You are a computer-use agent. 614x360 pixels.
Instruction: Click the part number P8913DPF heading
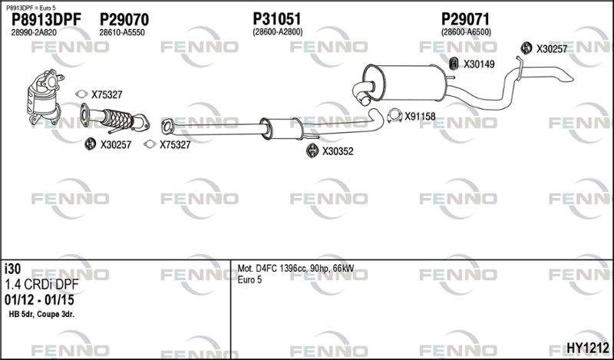(x=46, y=19)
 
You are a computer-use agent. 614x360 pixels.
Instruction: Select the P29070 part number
(x=124, y=19)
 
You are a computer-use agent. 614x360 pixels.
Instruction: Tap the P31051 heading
(x=277, y=18)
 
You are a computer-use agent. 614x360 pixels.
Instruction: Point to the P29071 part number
(x=466, y=18)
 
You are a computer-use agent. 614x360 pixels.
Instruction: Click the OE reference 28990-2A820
(x=34, y=32)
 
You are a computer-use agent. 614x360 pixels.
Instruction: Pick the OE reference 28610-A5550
(x=122, y=32)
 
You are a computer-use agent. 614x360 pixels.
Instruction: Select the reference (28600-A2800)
(x=277, y=32)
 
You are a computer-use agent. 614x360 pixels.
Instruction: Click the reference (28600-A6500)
(x=466, y=32)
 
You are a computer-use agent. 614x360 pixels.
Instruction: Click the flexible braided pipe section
(x=117, y=118)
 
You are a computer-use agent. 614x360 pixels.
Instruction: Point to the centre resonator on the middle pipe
(x=282, y=128)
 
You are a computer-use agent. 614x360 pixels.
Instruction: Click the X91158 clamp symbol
(x=394, y=116)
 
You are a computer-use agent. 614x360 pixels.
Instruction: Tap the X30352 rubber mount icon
(x=312, y=150)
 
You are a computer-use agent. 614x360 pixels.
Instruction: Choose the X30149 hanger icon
(x=454, y=64)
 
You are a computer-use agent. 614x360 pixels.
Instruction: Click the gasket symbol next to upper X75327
(x=81, y=94)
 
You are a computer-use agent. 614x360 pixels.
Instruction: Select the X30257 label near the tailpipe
(x=552, y=49)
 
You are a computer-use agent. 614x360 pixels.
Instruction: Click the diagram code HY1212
(x=588, y=347)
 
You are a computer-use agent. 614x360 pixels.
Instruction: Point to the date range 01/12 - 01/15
(x=39, y=300)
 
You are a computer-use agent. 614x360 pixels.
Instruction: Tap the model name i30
(x=12, y=269)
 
